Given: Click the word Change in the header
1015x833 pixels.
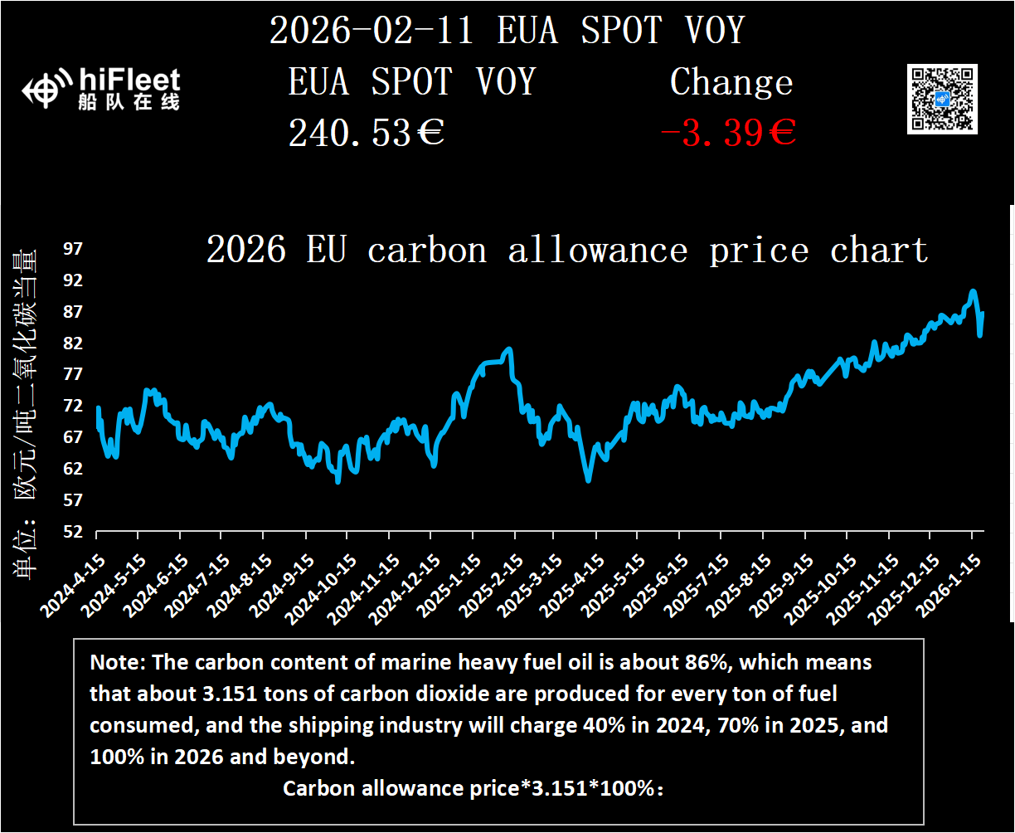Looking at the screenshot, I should point(731,82).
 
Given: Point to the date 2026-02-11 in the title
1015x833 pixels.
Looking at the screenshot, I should point(371,31).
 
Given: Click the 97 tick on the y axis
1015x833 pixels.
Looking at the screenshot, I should point(74,249).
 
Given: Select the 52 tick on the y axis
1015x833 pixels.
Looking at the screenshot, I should point(74,532).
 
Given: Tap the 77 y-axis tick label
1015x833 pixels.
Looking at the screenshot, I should point(74,374).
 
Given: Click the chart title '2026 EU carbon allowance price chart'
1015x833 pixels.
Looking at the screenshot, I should point(566,250).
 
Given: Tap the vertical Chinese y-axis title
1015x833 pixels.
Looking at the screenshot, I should point(25,415).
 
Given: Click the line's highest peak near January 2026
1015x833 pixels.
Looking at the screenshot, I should point(973,291).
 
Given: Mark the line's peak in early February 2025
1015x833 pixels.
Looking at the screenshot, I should point(508,349).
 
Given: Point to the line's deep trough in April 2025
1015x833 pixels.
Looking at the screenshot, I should point(588,480).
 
